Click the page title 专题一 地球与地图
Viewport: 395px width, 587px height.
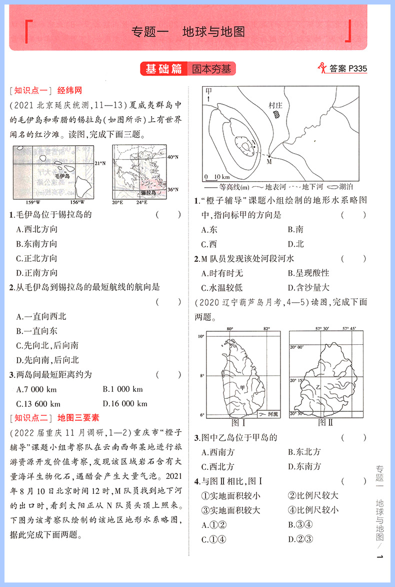187,32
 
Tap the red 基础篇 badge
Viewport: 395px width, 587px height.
163,69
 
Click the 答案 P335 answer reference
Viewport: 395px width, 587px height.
343,69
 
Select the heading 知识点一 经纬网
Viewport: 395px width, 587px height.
45,91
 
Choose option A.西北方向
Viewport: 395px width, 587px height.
37,229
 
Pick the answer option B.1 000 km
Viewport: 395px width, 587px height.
122,389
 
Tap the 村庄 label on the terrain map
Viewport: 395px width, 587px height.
275,105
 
